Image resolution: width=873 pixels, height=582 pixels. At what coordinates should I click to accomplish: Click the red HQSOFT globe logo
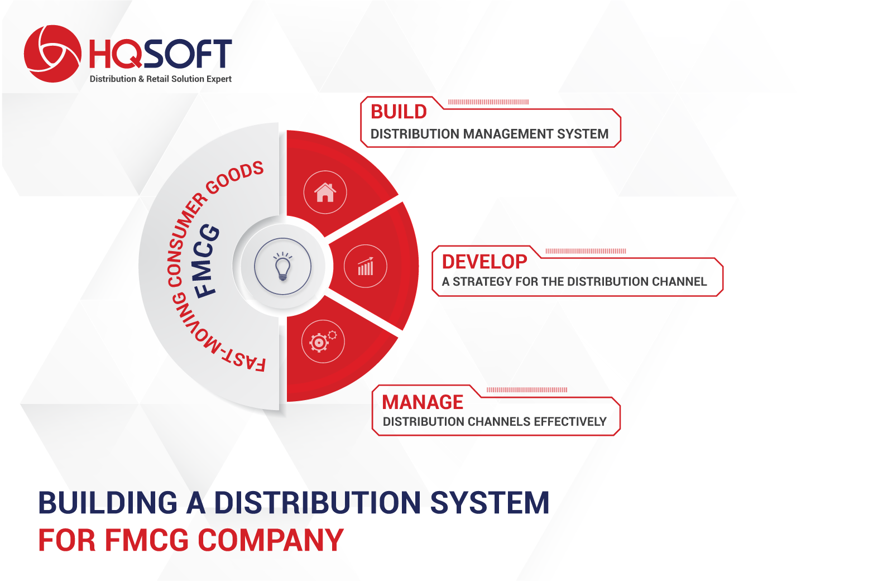pyautogui.click(x=52, y=54)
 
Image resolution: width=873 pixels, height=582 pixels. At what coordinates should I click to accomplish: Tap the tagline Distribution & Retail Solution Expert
pyautogui.click(x=161, y=79)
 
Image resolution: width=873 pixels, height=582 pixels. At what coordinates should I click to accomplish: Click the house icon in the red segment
pyautogui.click(x=325, y=193)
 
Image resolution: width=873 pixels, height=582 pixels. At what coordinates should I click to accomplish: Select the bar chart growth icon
pyautogui.click(x=366, y=267)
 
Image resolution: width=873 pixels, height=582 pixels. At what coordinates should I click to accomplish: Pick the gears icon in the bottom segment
pyautogui.click(x=323, y=341)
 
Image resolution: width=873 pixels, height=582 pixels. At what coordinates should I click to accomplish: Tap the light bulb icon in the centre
pyautogui.click(x=283, y=266)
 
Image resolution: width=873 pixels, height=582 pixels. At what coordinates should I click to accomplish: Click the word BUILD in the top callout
pyautogui.click(x=399, y=112)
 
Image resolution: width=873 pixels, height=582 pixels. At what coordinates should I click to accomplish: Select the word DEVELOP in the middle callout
pyautogui.click(x=485, y=261)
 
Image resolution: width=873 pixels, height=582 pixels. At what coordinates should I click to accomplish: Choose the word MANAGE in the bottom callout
pyautogui.click(x=423, y=402)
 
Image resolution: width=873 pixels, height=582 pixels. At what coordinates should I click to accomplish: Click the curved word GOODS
pyautogui.click(x=235, y=177)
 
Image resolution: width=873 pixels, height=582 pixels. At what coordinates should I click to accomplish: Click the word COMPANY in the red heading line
pyautogui.click(x=271, y=540)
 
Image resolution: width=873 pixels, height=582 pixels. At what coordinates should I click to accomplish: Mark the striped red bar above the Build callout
pyautogui.click(x=488, y=102)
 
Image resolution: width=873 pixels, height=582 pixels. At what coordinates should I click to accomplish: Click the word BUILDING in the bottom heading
pyautogui.click(x=108, y=503)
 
